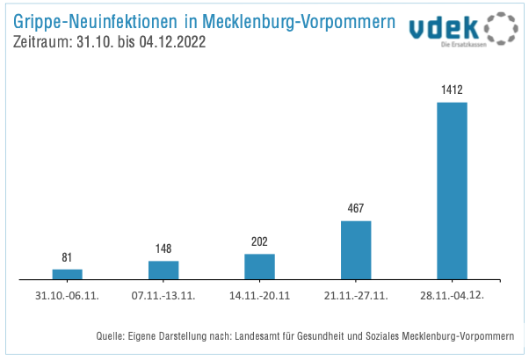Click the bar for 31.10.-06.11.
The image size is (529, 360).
click(x=67, y=274)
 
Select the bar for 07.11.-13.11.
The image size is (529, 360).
click(x=163, y=270)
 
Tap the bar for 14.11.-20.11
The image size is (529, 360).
click(x=259, y=267)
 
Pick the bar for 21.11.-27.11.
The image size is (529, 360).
click(x=356, y=250)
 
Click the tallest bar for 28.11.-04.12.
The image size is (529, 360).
click(x=452, y=191)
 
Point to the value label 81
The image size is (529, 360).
click(x=67, y=258)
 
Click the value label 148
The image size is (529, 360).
click(x=163, y=249)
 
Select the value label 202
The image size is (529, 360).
click(x=259, y=241)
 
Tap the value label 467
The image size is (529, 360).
click(x=356, y=209)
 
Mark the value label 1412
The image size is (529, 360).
click(x=452, y=90)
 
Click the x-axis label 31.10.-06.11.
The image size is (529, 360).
click(x=67, y=295)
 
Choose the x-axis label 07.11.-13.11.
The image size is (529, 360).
click(x=163, y=295)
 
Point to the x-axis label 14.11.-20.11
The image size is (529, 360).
click(x=259, y=295)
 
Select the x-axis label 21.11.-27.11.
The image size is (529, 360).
click(x=356, y=295)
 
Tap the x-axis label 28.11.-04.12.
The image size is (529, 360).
click(x=453, y=295)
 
